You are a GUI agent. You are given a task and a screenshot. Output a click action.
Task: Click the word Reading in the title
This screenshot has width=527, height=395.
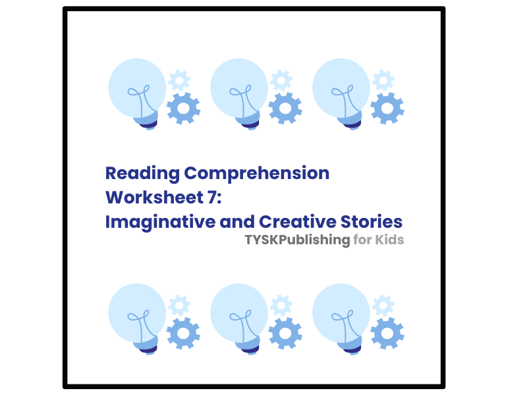(142, 174)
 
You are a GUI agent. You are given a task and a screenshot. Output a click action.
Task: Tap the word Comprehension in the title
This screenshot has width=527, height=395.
(257, 174)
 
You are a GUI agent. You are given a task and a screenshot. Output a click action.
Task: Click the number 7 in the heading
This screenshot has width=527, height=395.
(211, 197)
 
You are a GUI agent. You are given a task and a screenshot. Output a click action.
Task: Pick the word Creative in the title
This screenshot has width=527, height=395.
(300, 221)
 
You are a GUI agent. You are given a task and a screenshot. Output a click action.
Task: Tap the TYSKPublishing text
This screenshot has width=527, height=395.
(297, 240)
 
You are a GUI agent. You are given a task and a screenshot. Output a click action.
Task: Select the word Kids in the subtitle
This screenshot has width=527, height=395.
(389, 240)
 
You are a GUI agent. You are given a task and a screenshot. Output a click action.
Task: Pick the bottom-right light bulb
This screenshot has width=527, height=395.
(341, 317)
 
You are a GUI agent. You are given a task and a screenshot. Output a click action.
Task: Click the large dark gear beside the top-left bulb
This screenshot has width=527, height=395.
(183, 109)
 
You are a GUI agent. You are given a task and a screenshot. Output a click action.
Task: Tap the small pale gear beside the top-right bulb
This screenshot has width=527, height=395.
(383, 80)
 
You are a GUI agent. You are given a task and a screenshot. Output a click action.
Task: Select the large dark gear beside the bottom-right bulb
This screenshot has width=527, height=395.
(387, 334)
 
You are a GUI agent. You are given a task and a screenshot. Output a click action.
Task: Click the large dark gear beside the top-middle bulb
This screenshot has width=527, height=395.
(285, 109)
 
